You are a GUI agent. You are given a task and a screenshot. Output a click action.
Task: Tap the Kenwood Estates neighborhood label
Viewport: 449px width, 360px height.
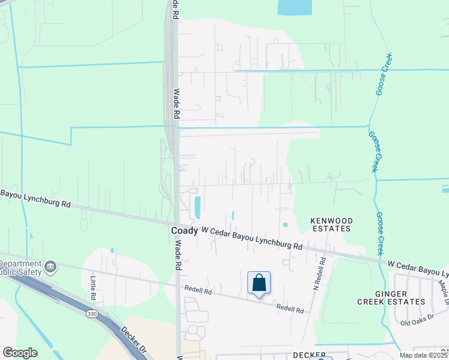331,225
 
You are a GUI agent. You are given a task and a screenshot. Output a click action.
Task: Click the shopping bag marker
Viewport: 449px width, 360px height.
259,283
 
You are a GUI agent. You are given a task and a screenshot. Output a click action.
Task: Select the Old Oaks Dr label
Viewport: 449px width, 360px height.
417,323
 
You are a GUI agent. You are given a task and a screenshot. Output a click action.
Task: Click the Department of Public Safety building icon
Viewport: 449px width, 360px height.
50,266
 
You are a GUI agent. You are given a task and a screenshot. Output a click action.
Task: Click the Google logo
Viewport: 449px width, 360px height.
20,352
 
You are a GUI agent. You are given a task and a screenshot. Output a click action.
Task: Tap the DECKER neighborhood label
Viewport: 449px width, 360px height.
310,355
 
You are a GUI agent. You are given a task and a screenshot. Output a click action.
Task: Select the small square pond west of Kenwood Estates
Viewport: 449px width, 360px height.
285,225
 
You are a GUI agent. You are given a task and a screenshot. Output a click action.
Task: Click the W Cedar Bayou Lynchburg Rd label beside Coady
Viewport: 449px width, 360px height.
252,238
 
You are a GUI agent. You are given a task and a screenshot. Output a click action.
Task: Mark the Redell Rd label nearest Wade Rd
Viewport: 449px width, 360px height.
199,290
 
